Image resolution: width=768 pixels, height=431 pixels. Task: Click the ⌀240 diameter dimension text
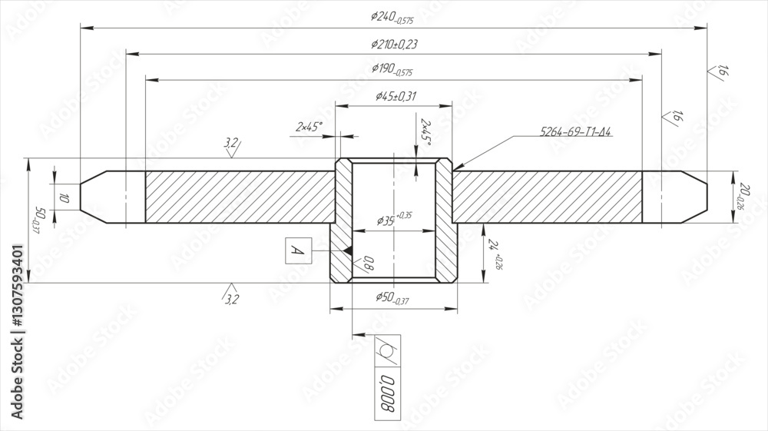(391, 18)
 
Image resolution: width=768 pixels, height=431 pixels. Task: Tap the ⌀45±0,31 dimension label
(396, 96)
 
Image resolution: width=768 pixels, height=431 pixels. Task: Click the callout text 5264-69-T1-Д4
(576, 132)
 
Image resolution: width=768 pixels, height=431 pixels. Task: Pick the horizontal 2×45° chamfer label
(310, 126)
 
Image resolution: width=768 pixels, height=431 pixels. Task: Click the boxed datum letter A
(297, 250)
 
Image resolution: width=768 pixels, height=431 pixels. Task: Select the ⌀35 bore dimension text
(394, 219)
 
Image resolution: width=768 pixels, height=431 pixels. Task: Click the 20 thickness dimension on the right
(743, 195)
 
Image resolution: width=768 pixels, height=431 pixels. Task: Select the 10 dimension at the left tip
(65, 198)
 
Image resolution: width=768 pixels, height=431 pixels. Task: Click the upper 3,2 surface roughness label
(231, 143)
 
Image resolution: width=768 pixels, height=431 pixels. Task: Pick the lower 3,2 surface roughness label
(231, 298)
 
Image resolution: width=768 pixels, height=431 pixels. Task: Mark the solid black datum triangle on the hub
(348, 250)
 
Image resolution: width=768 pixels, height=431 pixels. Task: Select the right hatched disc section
(547, 197)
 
